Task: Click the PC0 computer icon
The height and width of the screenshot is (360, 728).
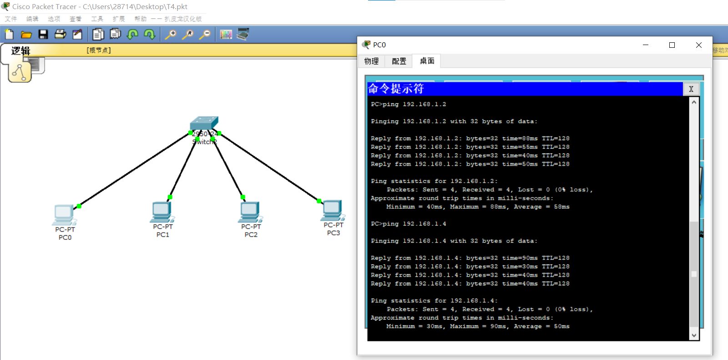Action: coord(64,214)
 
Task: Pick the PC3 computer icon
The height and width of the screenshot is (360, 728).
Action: coord(333,210)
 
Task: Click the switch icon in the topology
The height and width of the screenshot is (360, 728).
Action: coord(204,123)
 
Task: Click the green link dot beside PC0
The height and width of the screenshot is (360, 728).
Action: coord(79,206)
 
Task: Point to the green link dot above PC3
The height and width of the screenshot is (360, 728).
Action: coord(319,201)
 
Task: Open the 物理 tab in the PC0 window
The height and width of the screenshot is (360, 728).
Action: coord(371,61)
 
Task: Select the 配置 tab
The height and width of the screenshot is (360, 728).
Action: coord(399,61)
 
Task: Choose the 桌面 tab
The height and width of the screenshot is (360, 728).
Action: coord(427,61)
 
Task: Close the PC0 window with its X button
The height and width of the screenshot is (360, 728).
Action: coord(699,45)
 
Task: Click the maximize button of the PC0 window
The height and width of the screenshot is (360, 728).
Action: coord(672,45)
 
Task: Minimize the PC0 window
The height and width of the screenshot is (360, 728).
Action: coord(646,45)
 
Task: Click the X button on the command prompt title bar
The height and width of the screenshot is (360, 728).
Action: coord(691,89)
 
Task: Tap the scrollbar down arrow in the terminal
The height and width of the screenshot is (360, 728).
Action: coord(694,335)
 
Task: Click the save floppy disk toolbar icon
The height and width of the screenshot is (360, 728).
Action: coord(43,34)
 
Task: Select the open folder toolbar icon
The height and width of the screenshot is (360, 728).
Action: coord(26,34)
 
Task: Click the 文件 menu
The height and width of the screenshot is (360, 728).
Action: coord(11,19)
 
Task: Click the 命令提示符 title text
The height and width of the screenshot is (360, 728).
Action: coord(396,89)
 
